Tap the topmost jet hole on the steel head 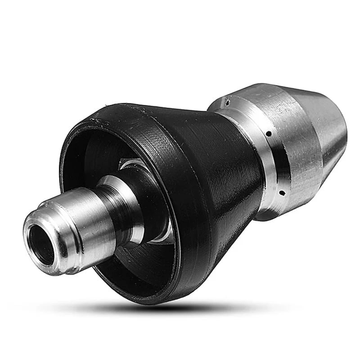coord(227,103)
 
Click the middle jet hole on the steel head coord(268,134)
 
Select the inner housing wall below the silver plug coord(126,265)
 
